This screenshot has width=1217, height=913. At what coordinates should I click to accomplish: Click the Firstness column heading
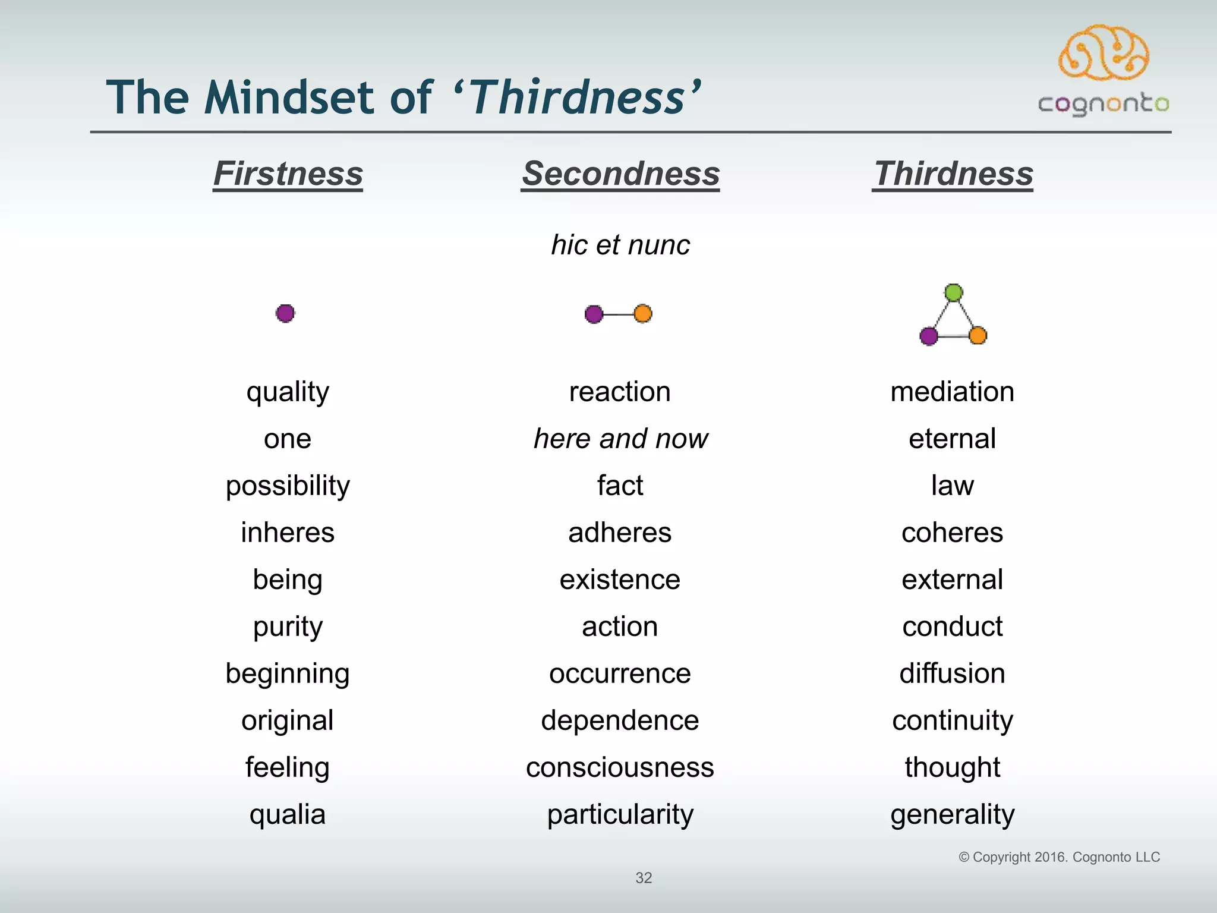[288, 174]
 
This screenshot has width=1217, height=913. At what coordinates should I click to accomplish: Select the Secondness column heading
[620, 174]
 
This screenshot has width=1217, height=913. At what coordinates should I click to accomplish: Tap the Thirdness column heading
[953, 174]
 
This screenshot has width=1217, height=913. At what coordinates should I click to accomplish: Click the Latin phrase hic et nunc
[620, 245]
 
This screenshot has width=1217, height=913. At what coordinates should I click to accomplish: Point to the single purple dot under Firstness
[285, 313]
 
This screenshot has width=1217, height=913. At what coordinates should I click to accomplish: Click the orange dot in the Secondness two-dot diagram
[643, 313]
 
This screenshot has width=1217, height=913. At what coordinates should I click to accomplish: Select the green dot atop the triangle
[954, 292]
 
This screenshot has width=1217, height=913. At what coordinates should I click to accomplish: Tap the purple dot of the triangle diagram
[929, 336]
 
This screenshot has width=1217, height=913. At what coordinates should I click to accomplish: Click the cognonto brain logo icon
[1104, 53]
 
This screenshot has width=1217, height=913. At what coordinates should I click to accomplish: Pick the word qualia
[288, 814]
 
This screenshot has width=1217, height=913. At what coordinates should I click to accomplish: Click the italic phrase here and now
[620, 439]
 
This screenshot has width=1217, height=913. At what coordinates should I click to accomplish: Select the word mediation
[952, 392]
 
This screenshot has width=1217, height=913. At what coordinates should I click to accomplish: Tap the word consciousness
[620, 767]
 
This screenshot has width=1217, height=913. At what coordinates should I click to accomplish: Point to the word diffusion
[952, 673]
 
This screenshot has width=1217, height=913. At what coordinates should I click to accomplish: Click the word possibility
[288, 486]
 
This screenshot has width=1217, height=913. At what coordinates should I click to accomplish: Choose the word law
[952, 486]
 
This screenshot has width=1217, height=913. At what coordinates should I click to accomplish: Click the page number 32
[644, 878]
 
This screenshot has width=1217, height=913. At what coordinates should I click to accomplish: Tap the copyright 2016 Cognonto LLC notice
[1059, 857]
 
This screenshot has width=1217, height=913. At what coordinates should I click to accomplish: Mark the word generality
[952, 814]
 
